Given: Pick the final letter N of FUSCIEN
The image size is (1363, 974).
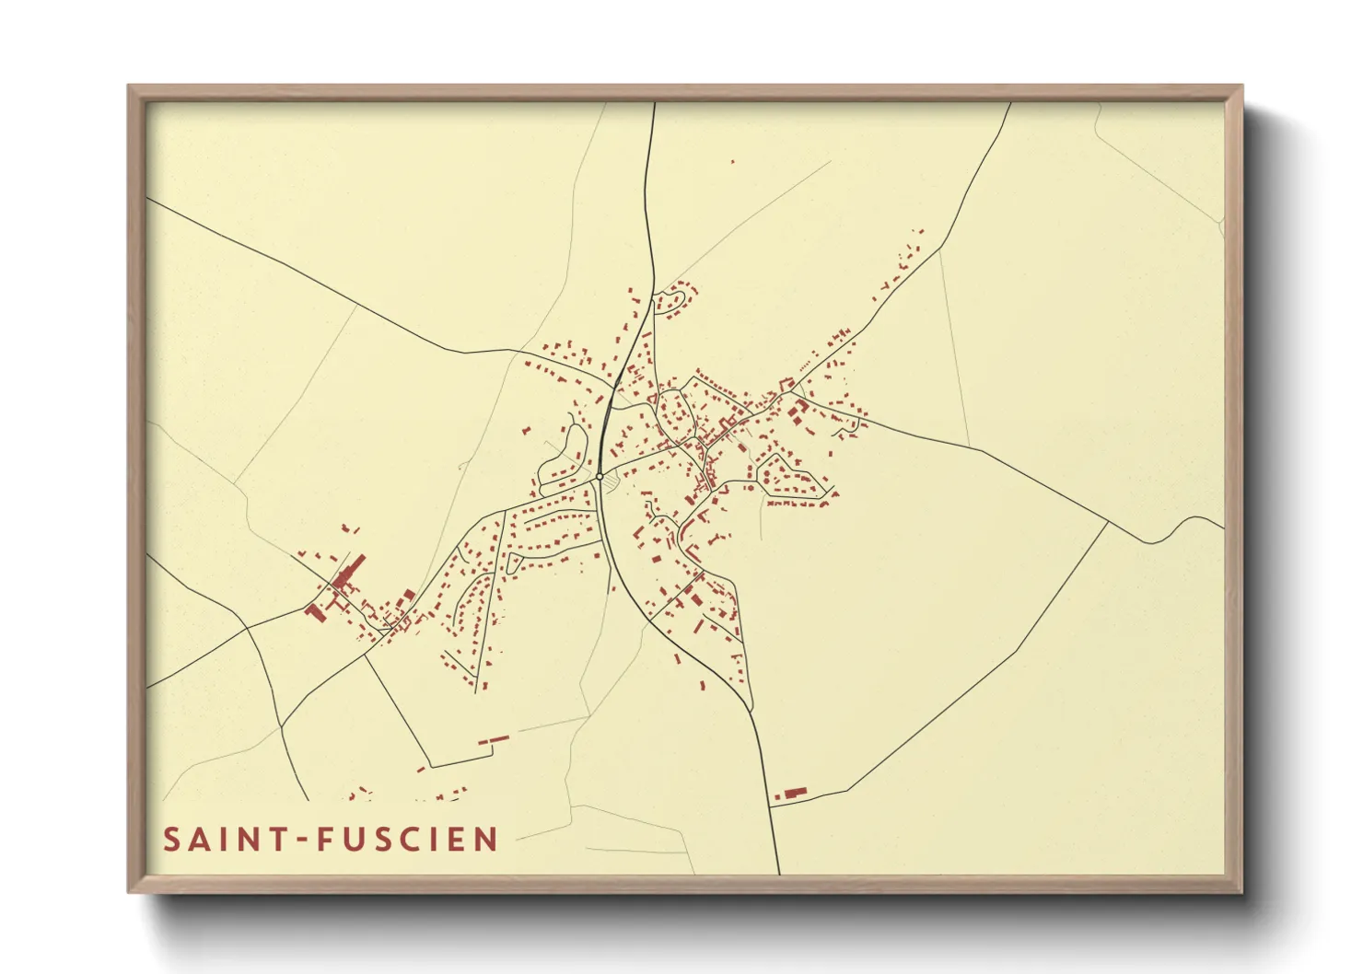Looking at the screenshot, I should (486, 840).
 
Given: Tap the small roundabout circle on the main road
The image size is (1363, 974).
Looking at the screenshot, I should (600, 477).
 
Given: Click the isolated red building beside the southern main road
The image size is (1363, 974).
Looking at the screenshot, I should (792, 792).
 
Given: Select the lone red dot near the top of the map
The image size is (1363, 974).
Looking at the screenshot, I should (733, 162).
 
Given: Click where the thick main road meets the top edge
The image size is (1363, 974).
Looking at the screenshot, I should (654, 103).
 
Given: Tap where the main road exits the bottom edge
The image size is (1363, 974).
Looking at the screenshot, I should (779, 873).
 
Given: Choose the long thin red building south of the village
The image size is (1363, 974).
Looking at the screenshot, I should (494, 739).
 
